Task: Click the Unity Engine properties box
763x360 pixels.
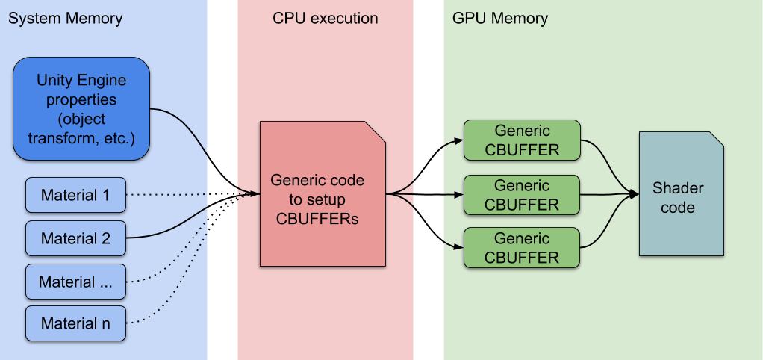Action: click(x=81, y=108)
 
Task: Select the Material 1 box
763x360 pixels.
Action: click(x=75, y=196)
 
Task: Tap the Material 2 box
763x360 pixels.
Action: click(x=75, y=238)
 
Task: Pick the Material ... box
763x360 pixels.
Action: click(x=75, y=282)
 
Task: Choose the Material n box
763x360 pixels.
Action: click(x=75, y=323)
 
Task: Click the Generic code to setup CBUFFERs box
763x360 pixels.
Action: click(x=323, y=194)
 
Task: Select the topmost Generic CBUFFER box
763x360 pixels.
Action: click(x=522, y=140)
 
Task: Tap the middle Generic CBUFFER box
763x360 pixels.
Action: click(x=522, y=195)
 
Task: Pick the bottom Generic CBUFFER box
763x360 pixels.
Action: click(x=522, y=248)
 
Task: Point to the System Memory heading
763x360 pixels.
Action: click(x=65, y=19)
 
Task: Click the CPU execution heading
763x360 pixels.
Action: click(x=325, y=19)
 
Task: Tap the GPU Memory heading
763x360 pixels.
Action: click(x=500, y=19)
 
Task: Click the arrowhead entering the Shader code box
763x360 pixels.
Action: click(x=635, y=195)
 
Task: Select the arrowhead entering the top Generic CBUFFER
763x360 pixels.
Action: click(x=458, y=140)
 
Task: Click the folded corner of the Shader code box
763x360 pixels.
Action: click(x=716, y=140)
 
